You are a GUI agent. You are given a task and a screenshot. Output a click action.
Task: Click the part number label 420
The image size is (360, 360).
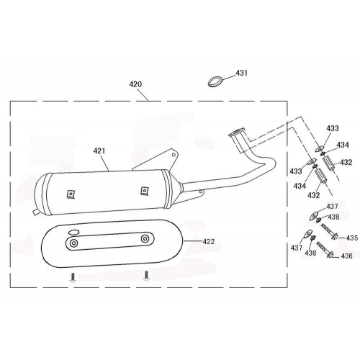click(x=135, y=84)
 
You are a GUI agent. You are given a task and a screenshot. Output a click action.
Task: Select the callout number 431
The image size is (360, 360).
click(x=241, y=73)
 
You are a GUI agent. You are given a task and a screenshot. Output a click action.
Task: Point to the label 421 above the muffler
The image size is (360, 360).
click(x=99, y=150)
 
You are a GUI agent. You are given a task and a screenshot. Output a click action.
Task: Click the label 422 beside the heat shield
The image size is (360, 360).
click(x=209, y=241)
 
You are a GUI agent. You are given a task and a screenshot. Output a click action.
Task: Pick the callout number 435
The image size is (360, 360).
click(x=352, y=238)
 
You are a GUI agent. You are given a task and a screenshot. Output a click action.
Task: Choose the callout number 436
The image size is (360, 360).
click(x=346, y=256)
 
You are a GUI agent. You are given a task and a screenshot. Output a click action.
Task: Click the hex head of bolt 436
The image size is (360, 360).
click(x=330, y=255)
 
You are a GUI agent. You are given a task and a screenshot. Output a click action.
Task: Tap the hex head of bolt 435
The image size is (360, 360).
click(x=335, y=236)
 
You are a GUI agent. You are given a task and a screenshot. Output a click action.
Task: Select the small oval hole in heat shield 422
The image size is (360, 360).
click(x=73, y=232)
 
